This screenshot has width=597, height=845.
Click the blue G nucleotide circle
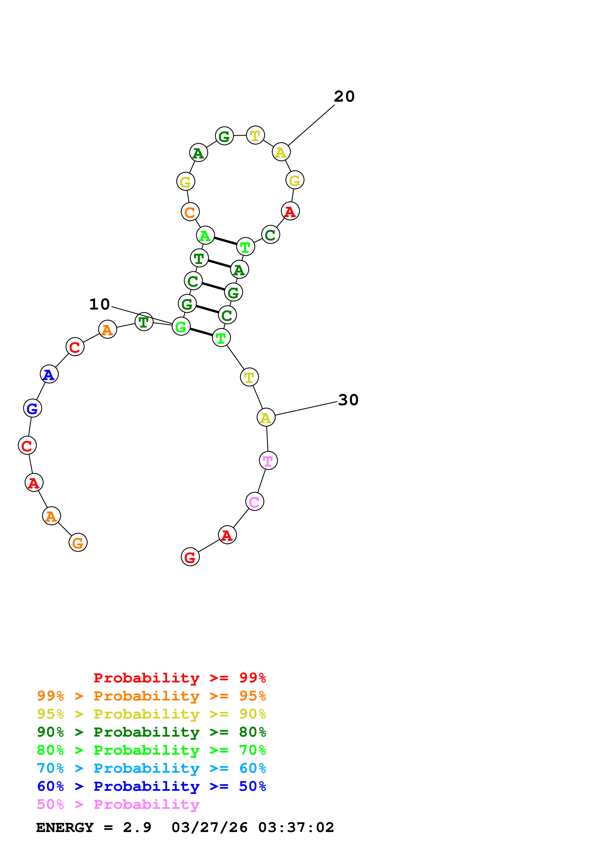[x=32, y=408]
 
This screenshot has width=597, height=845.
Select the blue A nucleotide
[x=49, y=374]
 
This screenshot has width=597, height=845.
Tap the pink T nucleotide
[x=268, y=460]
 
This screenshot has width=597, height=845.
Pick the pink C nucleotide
[x=255, y=501]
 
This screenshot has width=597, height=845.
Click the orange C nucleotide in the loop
[x=190, y=212]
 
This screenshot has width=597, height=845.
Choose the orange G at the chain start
[x=78, y=542]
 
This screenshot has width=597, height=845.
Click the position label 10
[x=99, y=304]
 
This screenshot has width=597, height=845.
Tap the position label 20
[x=344, y=96]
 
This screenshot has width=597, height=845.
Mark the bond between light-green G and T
[x=201, y=332]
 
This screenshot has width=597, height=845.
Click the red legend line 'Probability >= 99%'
[x=179, y=678]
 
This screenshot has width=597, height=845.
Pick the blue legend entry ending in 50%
[x=151, y=786]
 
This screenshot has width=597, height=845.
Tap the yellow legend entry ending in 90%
[x=151, y=714]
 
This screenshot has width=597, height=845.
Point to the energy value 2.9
[x=137, y=827]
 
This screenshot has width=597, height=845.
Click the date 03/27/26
[x=209, y=827]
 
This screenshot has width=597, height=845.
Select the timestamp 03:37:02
[x=296, y=827]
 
